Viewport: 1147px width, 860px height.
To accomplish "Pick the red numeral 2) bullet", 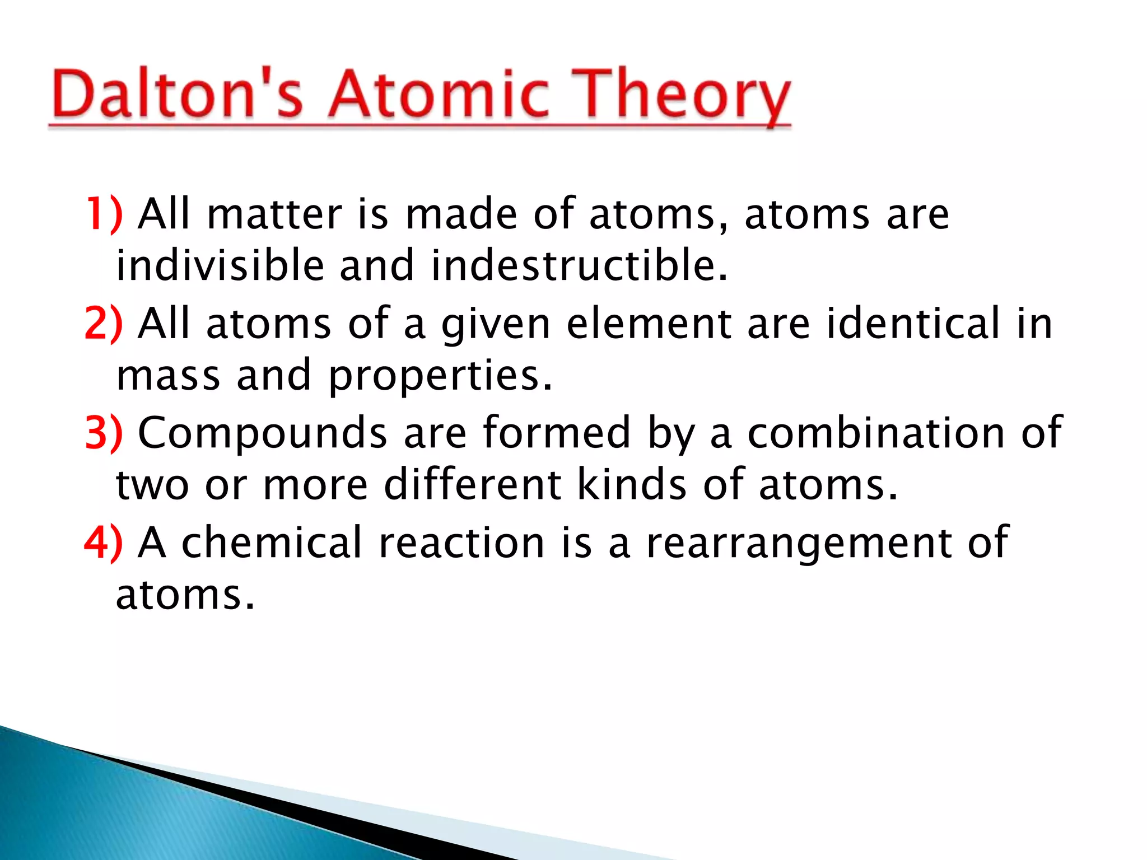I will coord(104,324).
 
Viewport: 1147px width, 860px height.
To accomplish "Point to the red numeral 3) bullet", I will coord(104,433).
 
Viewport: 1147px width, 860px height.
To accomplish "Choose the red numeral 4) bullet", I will coord(104,543).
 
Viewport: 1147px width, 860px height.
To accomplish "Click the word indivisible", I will coord(220,265).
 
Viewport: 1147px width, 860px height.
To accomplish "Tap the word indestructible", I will coord(580,265).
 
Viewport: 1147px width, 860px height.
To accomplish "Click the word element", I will coord(649,324).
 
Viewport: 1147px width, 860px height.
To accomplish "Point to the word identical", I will coord(913,324).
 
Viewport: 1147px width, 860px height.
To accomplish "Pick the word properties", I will coord(440,376).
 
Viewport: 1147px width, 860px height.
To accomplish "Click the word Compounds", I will coord(263,433).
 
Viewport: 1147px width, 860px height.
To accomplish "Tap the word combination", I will coord(876,433).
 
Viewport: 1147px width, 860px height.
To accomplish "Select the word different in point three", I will coord(473,484).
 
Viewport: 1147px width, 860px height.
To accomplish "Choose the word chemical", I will coord(272,543).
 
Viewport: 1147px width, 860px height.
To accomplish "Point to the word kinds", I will coord(632,484).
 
